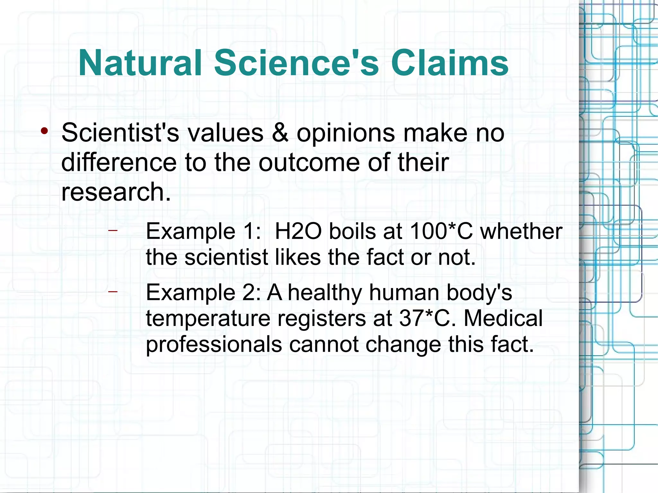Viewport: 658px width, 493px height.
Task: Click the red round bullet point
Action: (x=44, y=131)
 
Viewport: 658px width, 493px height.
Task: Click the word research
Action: (x=116, y=192)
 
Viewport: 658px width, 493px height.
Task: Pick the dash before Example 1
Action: (x=113, y=230)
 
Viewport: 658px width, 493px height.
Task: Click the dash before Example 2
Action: (x=113, y=292)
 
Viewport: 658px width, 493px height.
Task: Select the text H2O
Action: (x=298, y=231)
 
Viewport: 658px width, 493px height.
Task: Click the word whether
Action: (x=521, y=231)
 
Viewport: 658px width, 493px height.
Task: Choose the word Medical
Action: (x=503, y=319)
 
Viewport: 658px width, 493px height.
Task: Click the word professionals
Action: (x=214, y=345)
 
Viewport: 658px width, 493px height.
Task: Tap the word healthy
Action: (x=325, y=293)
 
